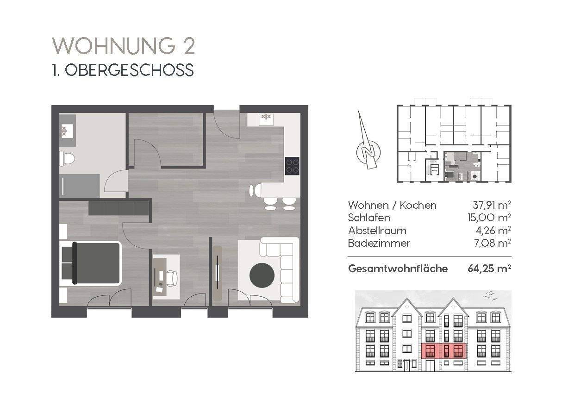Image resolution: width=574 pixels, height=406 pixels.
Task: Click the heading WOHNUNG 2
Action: (x=123, y=46)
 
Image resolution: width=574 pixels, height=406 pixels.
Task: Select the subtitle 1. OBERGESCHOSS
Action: (x=123, y=70)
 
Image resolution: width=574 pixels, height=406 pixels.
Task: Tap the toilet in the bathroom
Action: (x=67, y=158)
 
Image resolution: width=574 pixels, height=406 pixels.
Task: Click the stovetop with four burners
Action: (x=292, y=166)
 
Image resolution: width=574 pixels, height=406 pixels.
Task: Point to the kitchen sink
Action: (x=266, y=118)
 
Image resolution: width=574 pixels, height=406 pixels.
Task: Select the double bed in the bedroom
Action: (x=92, y=262)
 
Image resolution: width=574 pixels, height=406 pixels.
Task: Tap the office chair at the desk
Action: (x=172, y=278)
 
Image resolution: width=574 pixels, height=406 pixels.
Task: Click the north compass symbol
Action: (x=368, y=150)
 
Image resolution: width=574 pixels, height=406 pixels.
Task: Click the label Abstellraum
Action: (x=377, y=231)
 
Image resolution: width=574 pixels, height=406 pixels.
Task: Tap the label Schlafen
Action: (x=369, y=218)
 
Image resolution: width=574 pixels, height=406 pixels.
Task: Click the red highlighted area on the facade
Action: (x=443, y=351)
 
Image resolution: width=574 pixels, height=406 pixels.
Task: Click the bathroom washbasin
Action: (x=65, y=131)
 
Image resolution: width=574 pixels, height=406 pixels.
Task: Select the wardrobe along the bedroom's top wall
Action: (x=119, y=207)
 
